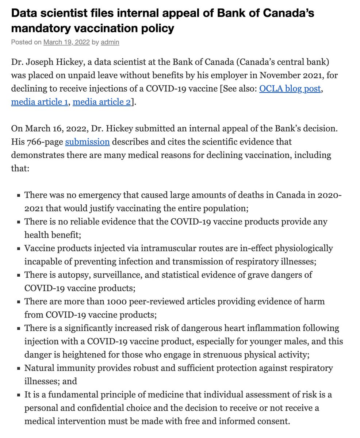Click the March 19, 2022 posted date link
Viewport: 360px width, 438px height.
pyautogui.click(x=66, y=42)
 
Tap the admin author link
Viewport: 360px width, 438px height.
pyautogui.click(x=110, y=42)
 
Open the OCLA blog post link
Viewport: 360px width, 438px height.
pyautogui.click(x=291, y=88)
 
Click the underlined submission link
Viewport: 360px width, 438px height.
pyautogui.click(x=87, y=141)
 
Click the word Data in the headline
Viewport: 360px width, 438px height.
pyautogui.click(x=23, y=13)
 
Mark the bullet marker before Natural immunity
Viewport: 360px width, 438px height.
pyautogui.click(x=18, y=368)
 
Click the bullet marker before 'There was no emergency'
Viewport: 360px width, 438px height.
pyautogui.click(x=18, y=196)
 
